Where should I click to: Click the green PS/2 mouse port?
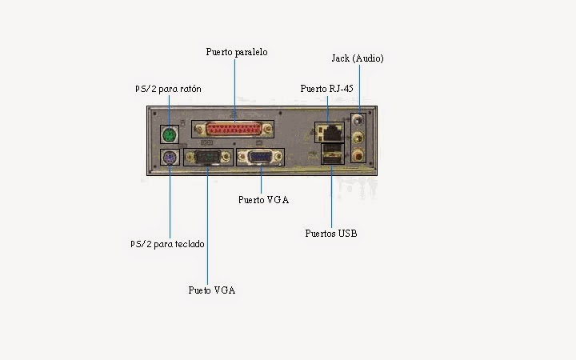click(169, 132)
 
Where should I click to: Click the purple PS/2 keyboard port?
click(169, 158)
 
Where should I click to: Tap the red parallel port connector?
click(239, 130)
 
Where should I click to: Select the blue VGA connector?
click(259, 158)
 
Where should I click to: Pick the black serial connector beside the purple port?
click(206, 158)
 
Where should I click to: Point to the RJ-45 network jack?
click(329, 130)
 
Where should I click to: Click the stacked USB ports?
click(331, 155)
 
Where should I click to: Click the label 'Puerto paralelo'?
click(236, 52)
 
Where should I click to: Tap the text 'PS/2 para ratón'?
click(167, 89)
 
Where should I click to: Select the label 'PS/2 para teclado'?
click(167, 243)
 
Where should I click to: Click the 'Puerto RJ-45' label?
click(326, 88)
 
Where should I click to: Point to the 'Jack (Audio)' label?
click(358, 58)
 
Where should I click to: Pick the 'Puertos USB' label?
click(331, 234)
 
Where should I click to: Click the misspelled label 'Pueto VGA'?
click(212, 290)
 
